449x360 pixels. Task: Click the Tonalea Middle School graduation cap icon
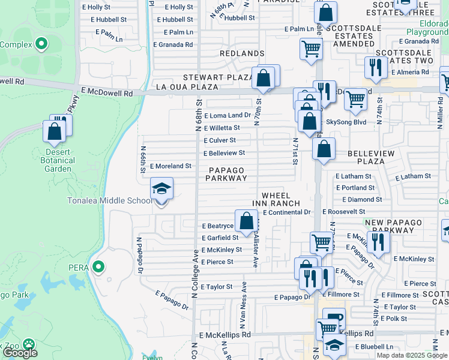tap(161, 189)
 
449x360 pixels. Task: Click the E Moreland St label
tap(170, 166)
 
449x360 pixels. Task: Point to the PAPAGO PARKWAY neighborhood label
tap(228, 174)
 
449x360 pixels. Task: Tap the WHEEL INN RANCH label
tap(276, 200)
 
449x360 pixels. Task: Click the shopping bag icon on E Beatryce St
tap(246, 221)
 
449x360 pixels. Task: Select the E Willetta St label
tap(221, 128)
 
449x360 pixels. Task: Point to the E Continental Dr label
tap(287, 212)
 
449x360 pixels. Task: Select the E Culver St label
tap(219, 140)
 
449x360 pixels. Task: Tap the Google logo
tap(19, 352)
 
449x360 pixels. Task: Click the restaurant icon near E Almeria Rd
tap(375, 68)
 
